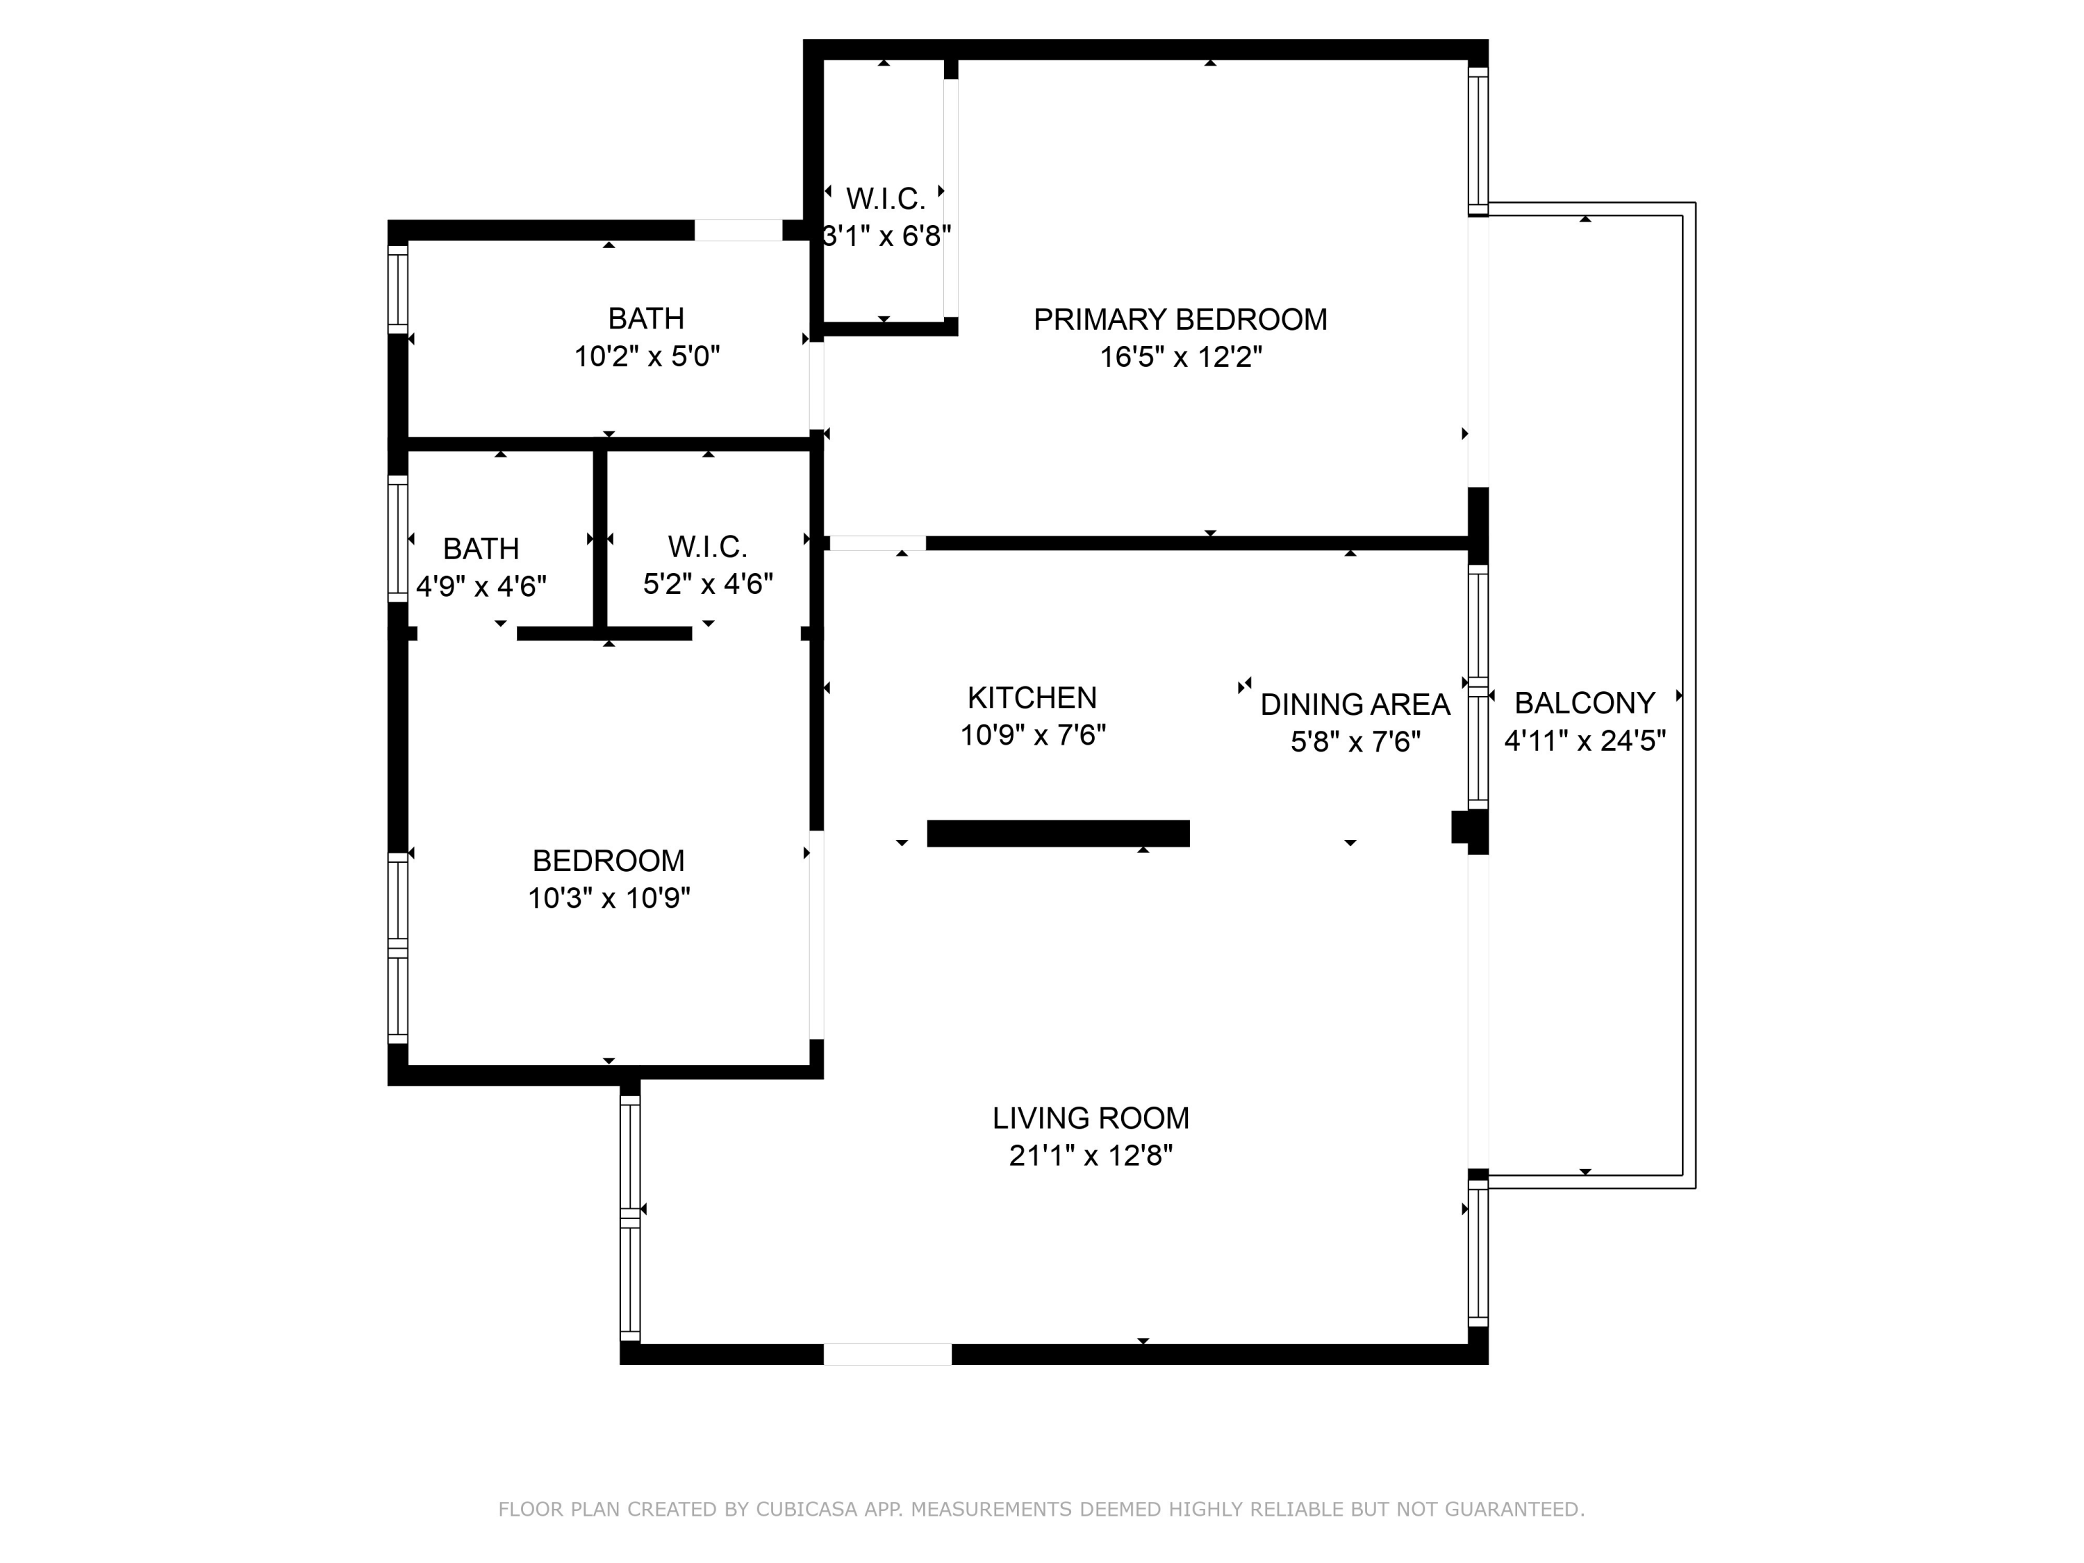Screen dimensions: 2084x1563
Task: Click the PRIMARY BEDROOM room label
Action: (1180, 320)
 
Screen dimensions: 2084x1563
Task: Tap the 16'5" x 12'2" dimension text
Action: (1180, 357)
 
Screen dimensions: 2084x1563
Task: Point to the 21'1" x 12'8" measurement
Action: (1090, 1155)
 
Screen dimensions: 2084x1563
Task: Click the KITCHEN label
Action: (1032, 697)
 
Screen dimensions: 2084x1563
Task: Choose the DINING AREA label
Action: (1355, 704)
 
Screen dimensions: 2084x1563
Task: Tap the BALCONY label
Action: (1585, 703)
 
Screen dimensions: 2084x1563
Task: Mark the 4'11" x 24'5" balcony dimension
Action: (1585, 741)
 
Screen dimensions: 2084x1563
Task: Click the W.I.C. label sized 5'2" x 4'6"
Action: (708, 547)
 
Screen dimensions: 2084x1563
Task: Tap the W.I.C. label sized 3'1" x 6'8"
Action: (886, 199)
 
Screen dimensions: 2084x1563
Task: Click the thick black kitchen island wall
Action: (1058, 834)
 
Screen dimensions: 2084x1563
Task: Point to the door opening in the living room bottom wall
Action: (888, 1354)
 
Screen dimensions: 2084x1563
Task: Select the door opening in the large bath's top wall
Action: (738, 230)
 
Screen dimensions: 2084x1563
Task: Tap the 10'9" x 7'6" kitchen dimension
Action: (1032, 735)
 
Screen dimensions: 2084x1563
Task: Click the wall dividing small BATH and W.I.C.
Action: (599, 539)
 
